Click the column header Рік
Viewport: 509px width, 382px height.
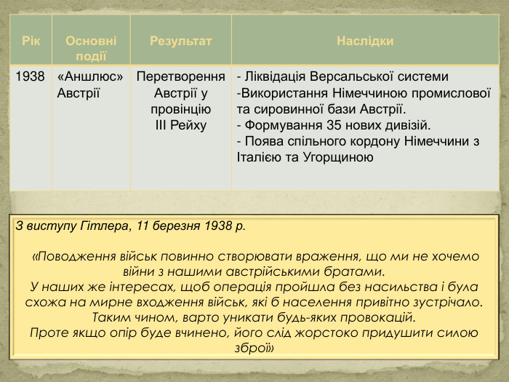point(30,41)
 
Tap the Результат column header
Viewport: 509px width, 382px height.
point(180,41)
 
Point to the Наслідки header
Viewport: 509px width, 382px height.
point(365,41)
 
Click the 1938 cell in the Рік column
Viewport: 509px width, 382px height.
point(30,76)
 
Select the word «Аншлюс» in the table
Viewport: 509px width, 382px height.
point(89,76)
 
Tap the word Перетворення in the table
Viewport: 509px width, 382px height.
point(180,76)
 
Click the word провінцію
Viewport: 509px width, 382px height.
point(180,109)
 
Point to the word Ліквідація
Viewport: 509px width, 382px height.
point(276,76)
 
